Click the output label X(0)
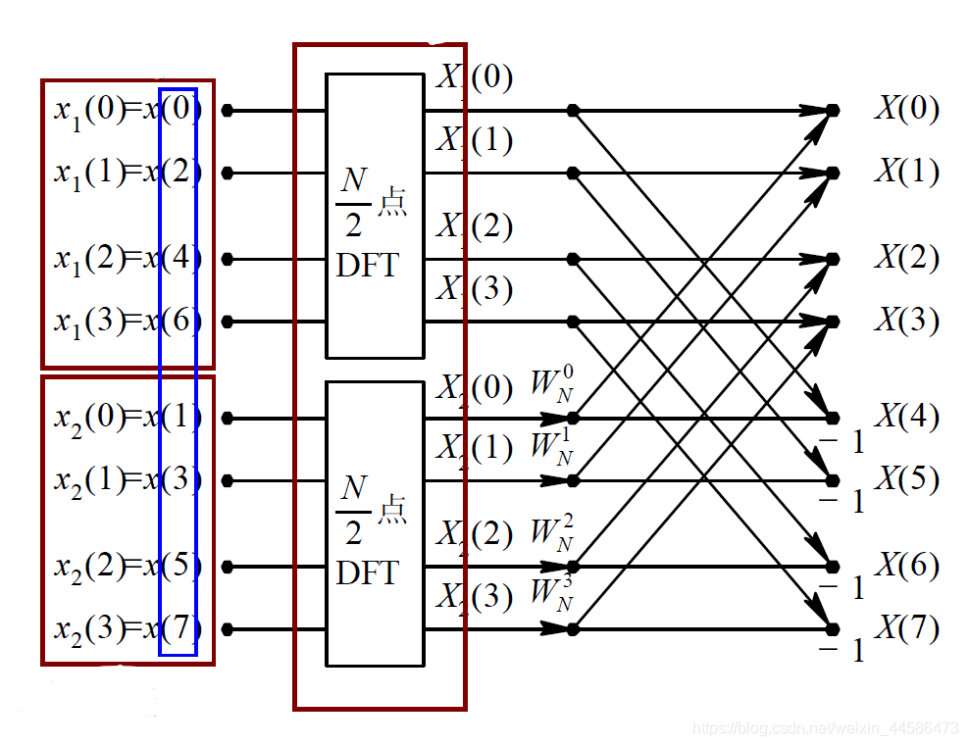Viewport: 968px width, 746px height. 906,109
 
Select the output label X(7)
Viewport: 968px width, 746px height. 906,628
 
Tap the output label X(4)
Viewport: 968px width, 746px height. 906,417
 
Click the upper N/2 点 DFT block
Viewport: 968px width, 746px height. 375,216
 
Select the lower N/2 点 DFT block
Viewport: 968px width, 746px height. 375,523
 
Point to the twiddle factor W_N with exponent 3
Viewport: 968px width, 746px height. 552,594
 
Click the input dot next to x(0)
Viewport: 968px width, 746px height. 228,111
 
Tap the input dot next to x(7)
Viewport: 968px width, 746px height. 228,629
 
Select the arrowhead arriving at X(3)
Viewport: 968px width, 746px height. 819,322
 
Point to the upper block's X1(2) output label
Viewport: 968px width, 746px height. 474,226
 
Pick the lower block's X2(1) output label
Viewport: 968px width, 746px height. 474,448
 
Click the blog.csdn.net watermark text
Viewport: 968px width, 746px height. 825,728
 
